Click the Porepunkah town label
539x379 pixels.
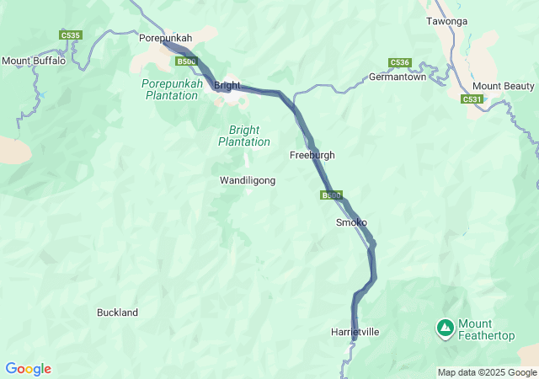pyautogui.click(x=165, y=38)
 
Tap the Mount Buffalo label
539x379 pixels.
pyautogui.click(x=34, y=61)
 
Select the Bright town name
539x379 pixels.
pyautogui.click(x=227, y=86)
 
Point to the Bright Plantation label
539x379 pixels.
pyautogui.click(x=244, y=136)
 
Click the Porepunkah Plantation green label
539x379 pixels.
pyautogui.click(x=172, y=89)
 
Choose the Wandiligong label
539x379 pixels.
pyautogui.click(x=247, y=180)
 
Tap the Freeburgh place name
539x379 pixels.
pyautogui.click(x=312, y=155)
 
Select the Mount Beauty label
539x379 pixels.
pyautogui.click(x=503, y=86)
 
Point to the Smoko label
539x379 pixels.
pyautogui.click(x=351, y=222)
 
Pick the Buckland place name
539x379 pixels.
pyautogui.click(x=117, y=312)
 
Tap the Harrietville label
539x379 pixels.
pyautogui.click(x=355, y=332)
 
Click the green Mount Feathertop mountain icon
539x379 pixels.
pyautogui.click(x=445, y=326)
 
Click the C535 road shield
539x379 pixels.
pyautogui.click(x=70, y=35)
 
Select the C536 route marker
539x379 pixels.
pyautogui.click(x=399, y=62)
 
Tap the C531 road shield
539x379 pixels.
pyautogui.click(x=472, y=99)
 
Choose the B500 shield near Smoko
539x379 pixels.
pyautogui.click(x=331, y=195)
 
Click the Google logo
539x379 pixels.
pyautogui.click(x=28, y=369)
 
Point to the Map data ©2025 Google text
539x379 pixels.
pyautogui.click(x=487, y=372)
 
